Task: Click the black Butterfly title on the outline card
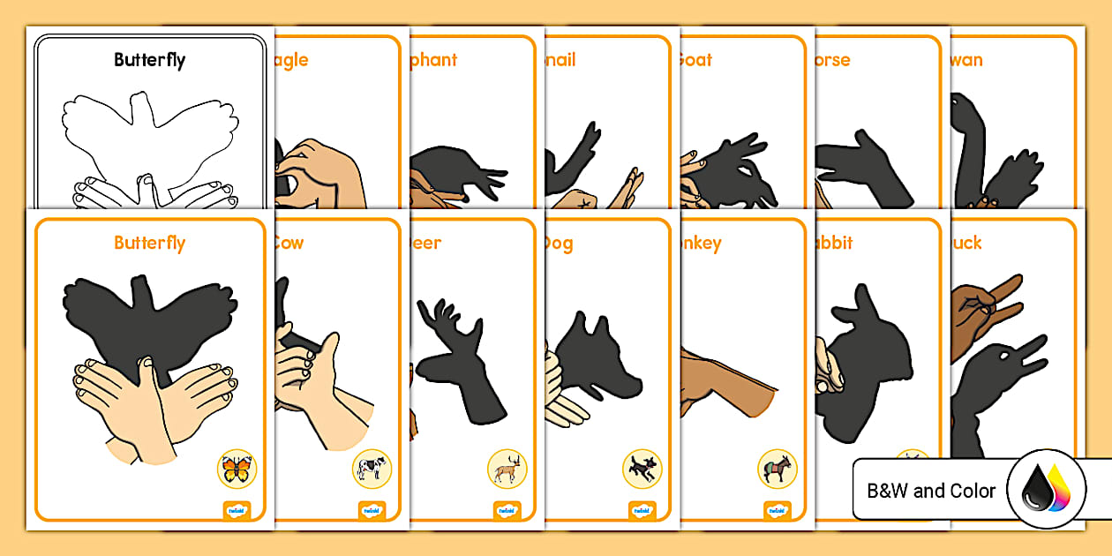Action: click(149, 60)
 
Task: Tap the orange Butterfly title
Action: click(149, 243)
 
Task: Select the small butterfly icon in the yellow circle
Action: click(236, 469)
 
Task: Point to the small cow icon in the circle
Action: click(372, 469)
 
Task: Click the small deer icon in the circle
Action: click(507, 469)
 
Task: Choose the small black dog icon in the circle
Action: click(642, 469)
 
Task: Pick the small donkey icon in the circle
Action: click(777, 469)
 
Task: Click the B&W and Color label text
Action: click(931, 491)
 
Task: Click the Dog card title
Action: click(557, 243)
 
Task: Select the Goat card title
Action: click(695, 60)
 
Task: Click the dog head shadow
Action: click(600, 353)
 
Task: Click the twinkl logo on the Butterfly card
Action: click(237, 509)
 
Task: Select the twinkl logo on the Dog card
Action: click(642, 509)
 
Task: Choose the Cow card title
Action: click(289, 243)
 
